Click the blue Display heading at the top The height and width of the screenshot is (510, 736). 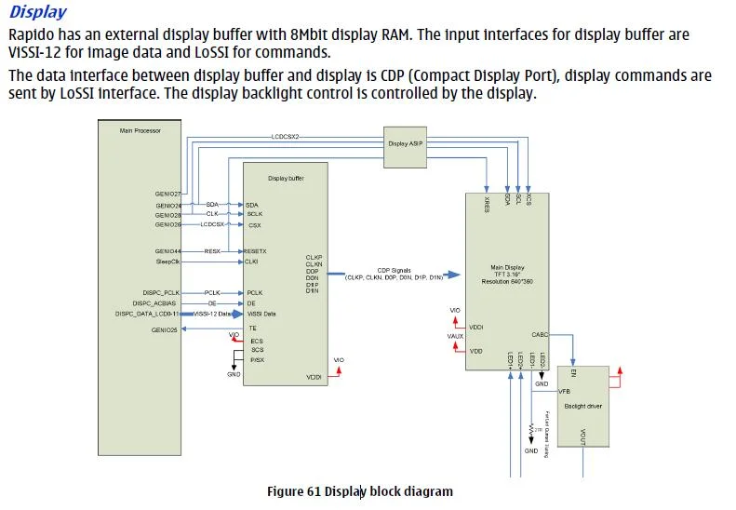(x=37, y=12)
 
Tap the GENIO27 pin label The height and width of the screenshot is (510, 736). (x=168, y=194)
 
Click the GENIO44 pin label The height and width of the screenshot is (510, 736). (x=168, y=251)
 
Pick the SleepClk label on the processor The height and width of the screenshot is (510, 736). (x=167, y=262)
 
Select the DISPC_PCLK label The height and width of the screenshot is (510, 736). (x=160, y=292)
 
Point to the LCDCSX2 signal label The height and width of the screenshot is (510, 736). (x=284, y=137)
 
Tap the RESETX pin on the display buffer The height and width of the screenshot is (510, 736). (x=255, y=251)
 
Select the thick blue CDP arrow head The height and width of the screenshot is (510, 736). (x=453, y=274)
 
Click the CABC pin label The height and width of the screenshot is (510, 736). (x=540, y=334)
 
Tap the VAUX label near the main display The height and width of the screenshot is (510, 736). (x=455, y=336)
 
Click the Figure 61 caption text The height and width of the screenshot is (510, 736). (x=359, y=491)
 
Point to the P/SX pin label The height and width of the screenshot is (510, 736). (x=256, y=359)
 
